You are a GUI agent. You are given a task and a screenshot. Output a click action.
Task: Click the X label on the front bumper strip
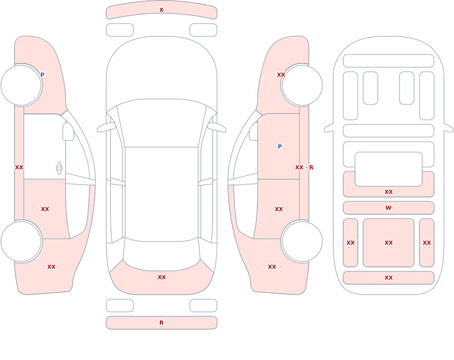click(x=162, y=10)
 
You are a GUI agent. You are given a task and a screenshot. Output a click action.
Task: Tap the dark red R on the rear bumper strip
click(x=162, y=323)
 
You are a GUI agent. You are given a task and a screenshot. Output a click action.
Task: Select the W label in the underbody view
click(x=389, y=207)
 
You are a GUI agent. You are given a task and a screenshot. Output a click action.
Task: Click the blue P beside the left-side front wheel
click(x=42, y=75)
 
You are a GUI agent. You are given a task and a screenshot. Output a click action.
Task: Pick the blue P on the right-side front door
click(x=280, y=147)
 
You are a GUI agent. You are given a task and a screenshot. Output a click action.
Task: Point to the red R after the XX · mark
click(x=311, y=168)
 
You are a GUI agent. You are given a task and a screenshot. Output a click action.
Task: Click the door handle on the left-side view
click(x=59, y=168)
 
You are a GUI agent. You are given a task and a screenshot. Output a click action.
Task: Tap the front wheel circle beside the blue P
click(x=21, y=85)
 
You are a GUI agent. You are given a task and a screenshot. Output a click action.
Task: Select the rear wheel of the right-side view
click(x=302, y=241)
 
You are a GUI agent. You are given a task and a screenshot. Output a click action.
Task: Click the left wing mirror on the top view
click(x=106, y=128)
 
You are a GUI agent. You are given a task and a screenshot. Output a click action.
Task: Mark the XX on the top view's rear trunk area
click(x=162, y=277)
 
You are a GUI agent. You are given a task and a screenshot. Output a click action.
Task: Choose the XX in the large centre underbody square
click(x=389, y=243)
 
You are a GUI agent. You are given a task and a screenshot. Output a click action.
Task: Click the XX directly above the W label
click(x=389, y=192)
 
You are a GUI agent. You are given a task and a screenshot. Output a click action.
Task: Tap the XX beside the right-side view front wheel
click(x=281, y=75)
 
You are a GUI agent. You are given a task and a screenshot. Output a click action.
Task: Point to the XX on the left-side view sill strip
click(x=19, y=168)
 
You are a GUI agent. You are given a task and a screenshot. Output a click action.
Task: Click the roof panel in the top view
click(x=162, y=193)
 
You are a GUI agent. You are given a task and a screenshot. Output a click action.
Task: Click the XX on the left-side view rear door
click(x=45, y=209)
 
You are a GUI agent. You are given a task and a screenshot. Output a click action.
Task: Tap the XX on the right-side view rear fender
click(x=272, y=267)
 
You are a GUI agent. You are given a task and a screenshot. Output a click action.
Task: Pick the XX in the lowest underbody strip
click(x=389, y=278)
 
